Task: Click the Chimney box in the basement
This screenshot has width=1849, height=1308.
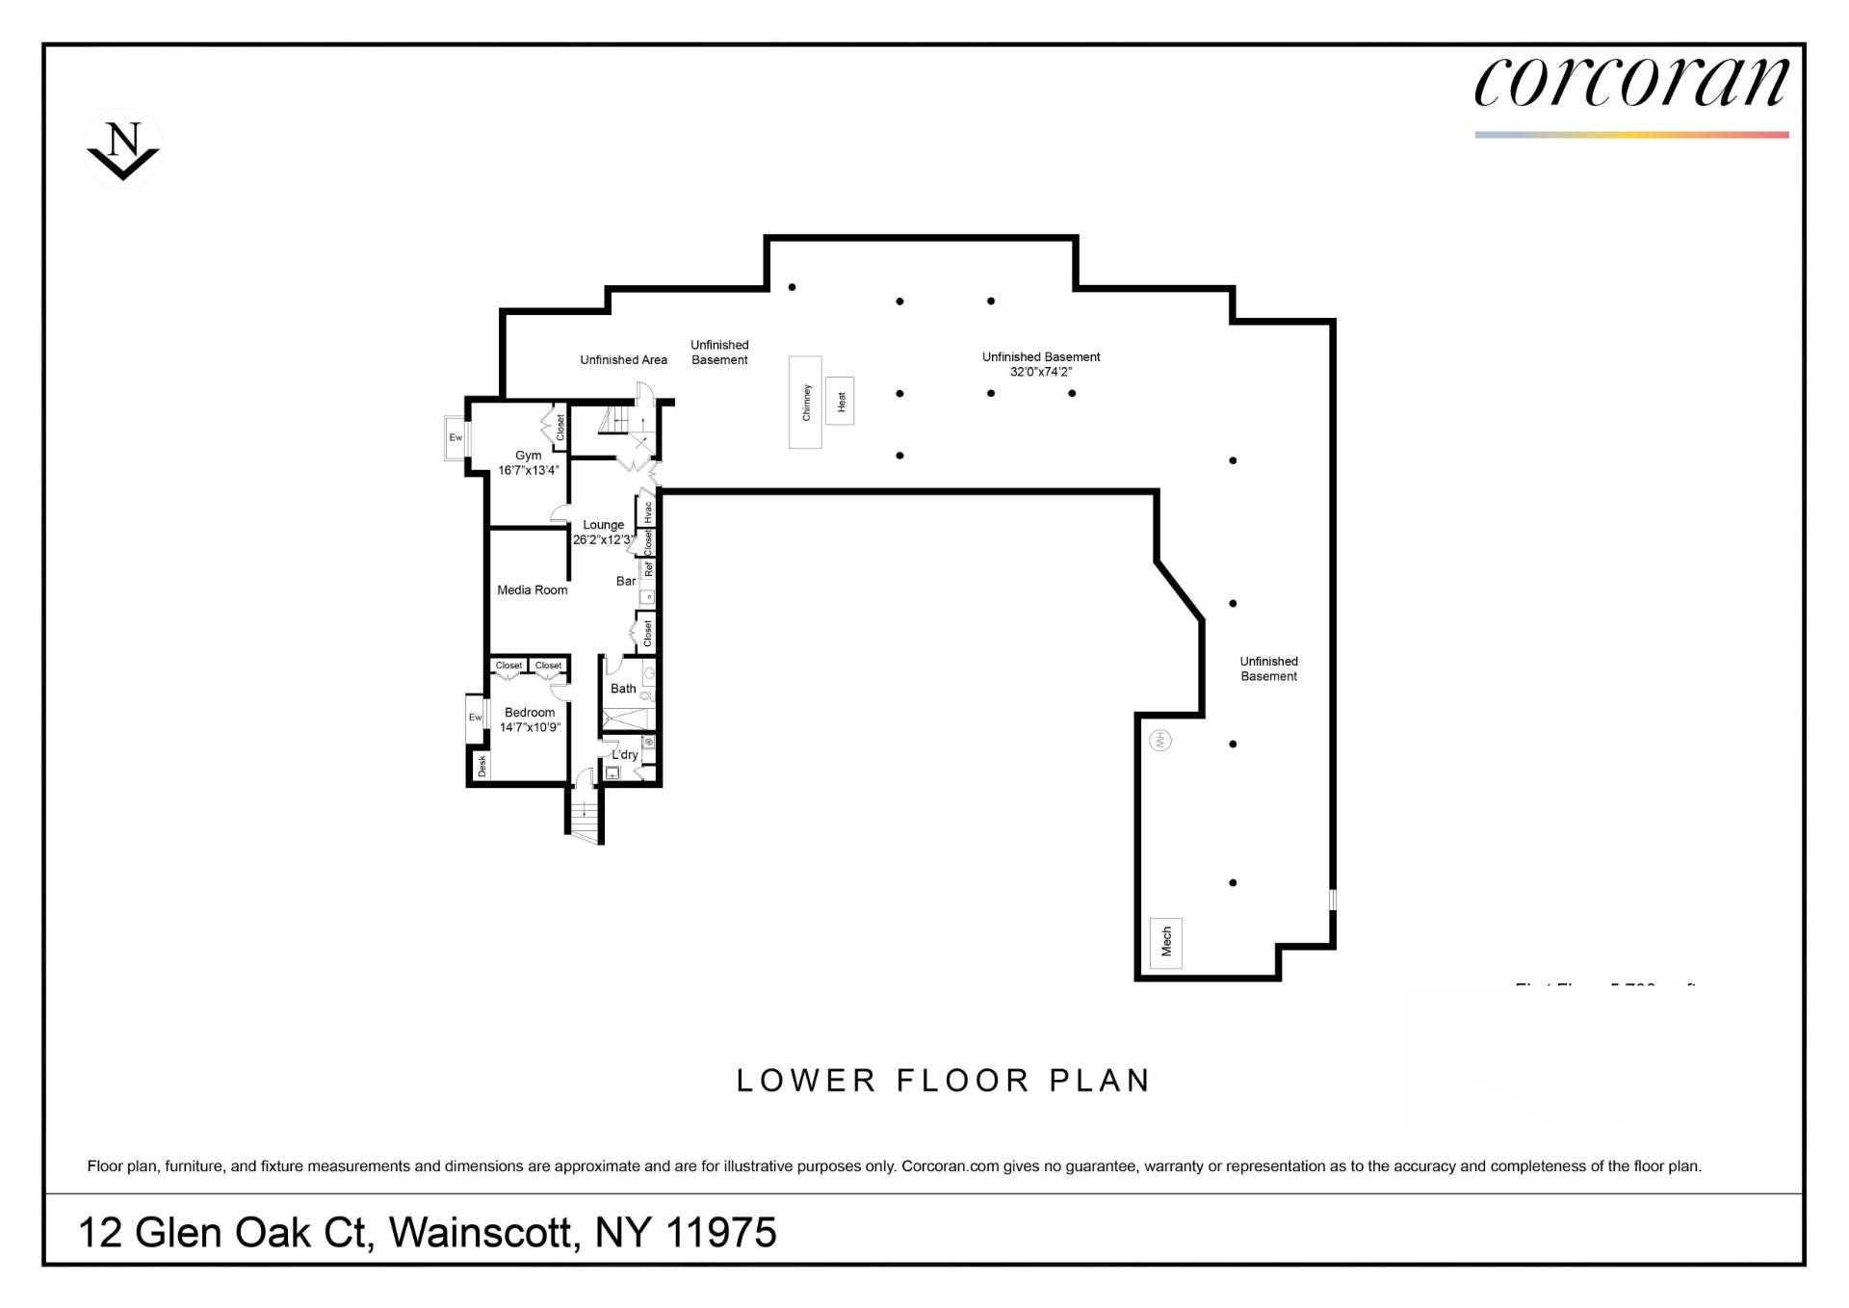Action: (805, 402)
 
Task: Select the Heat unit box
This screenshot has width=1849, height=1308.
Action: (840, 401)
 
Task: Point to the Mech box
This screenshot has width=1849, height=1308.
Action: (1165, 942)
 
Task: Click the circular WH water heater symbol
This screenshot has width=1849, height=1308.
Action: (1161, 740)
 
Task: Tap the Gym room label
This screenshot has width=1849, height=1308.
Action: (528, 456)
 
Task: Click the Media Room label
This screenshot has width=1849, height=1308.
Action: (532, 590)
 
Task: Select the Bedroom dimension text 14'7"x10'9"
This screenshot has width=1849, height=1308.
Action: (530, 727)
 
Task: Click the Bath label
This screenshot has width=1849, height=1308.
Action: (623, 689)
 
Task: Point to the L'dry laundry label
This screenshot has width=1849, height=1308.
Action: (625, 754)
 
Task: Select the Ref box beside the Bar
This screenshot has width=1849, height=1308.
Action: (648, 569)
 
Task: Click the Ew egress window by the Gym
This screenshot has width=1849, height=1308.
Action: (456, 437)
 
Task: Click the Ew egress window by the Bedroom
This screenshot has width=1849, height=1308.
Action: (475, 718)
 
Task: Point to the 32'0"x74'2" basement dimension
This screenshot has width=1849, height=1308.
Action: (1040, 372)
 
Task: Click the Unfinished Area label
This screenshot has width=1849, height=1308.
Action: (623, 360)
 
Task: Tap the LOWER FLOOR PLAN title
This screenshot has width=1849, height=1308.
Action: (943, 1081)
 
